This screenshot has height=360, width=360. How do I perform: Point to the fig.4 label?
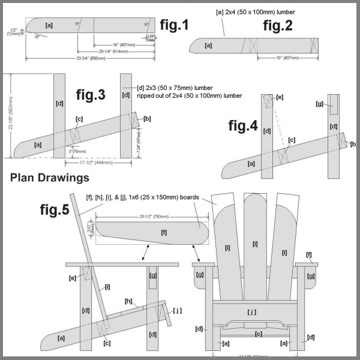pyautogui.click(x=243, y=126)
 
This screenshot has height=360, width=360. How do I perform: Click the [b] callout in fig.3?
pyautogui.click(x=148, y=118)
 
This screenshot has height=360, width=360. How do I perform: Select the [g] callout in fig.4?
pyautogui.click(x=320, y=103)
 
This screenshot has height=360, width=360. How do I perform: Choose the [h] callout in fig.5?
pyautogui.click(x=128, y=301)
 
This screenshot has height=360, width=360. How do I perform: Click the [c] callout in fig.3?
pyautogui.click(x=78, y=118)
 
